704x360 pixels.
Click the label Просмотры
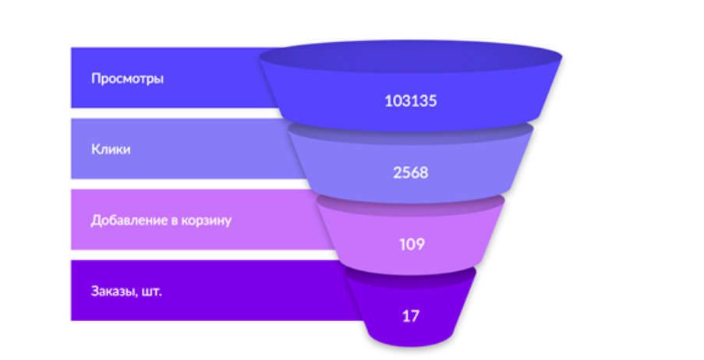(127, 79)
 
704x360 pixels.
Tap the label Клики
(111, 149)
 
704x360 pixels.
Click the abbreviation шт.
(152, 292)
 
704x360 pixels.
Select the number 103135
(411, 101)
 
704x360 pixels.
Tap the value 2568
(411, 173)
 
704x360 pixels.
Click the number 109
(412, 245)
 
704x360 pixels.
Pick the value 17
(411, 316)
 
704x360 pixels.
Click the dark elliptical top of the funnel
(410, 57)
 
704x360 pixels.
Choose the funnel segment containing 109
(411, 242)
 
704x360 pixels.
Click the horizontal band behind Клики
(179, 149)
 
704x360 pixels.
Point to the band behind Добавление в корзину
(193, 220)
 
